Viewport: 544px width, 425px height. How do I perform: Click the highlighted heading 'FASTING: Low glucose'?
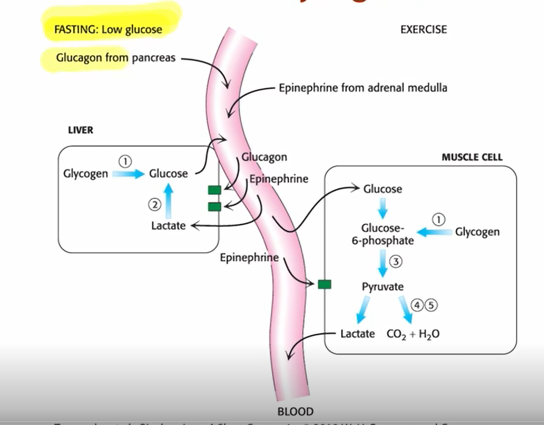(x=108, y=30)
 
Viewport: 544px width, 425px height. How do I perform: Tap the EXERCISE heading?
(x=423, y=30)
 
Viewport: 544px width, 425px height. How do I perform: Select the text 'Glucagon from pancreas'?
(x=115, y=58)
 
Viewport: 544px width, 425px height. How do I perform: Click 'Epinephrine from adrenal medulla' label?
(x=363, y=88)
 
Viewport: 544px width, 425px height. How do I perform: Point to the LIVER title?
(x=80, y=130)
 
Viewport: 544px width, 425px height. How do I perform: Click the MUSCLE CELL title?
(x=472, y=157)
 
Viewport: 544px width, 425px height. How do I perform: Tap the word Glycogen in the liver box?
(x=85, y=174)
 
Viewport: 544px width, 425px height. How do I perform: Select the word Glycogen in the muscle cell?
(x=477, y=232)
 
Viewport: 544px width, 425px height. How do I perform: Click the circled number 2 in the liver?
(x=155, y=205)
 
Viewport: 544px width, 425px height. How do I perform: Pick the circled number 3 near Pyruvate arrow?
(x=396, y=261)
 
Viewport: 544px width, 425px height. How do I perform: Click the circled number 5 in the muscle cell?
(x=431, y=305)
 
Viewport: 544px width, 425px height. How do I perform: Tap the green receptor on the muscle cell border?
(x=324, y=284)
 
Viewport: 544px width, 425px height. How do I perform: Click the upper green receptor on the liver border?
(x=214, y=190)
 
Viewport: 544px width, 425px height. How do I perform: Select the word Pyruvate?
(x=383, y=287)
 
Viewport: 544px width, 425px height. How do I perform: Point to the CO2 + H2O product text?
(x=413, y=334)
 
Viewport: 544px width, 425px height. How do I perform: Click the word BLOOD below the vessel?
(x=295, y=411)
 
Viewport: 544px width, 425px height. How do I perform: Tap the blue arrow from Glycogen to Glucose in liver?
(x=128, y=174)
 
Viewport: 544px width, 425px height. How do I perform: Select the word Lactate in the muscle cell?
(x=357, y=334)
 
